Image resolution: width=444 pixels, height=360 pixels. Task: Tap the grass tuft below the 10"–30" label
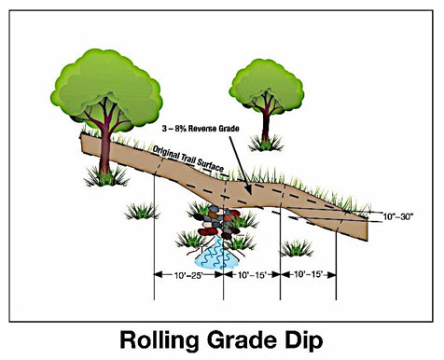point(298,247)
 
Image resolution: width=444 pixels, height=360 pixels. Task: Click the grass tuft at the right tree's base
point(268,143)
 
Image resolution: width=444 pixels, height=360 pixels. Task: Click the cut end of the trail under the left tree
point(85,145)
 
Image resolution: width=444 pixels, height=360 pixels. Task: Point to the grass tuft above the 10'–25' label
point(142,211)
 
